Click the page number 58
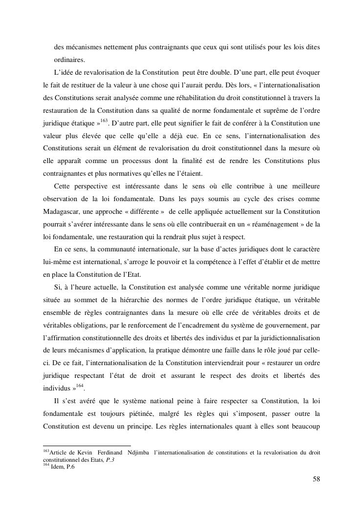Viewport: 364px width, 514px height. coord(316,479)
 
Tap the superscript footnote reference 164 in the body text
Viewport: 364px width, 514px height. coord(80,387)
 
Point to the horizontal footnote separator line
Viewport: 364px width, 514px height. coord(87,446)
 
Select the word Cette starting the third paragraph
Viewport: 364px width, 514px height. coord(64,186)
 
